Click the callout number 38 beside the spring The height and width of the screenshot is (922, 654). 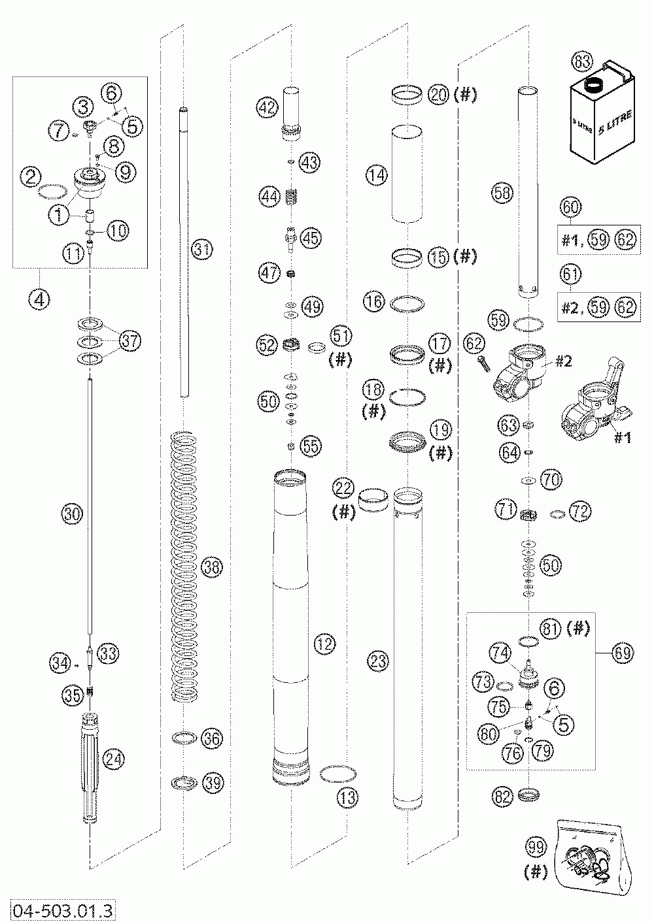211,567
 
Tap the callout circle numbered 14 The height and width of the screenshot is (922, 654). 377,174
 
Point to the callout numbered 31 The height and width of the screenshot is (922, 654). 202,248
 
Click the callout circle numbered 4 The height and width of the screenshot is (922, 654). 39,299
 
